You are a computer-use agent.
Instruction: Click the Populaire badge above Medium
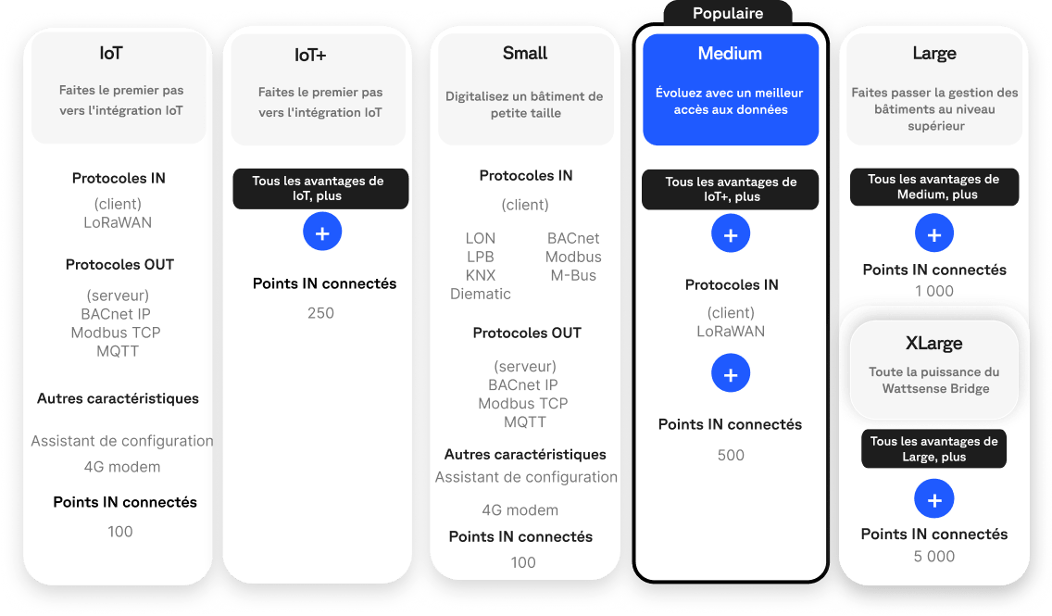(x=728, y=13)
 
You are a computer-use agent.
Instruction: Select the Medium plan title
(x=730, y=54)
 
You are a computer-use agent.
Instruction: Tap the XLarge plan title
(x=933, y=344)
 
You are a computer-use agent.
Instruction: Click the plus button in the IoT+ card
(x=322, y=233)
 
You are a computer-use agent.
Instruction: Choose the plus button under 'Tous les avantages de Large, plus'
(x=933, y=500)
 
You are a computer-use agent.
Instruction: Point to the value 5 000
(x=933, y=557)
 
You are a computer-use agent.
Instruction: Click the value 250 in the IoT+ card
(x=320, y=313)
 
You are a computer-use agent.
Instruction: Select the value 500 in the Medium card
(x=731, y=455)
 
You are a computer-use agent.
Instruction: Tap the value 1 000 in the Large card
(x=933, y=291)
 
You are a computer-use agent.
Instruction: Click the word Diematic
(x=481, y=294)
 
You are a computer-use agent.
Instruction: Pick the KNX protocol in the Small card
(x=481, y=275)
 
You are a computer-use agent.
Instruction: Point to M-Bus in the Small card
(x=573, y=275)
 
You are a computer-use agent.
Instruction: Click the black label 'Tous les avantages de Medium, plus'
(x=933, y=187)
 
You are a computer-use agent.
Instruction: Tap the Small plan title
(x=525, y=54)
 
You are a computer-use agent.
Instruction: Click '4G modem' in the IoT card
(x=122, y=467)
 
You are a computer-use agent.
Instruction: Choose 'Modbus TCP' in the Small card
(x=523, y=404)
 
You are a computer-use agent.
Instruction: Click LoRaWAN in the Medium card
(x=731, y=331)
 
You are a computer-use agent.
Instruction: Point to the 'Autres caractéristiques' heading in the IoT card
(x=118, y=398)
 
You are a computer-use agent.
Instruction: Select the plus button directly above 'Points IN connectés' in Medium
(x=731, y=374)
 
